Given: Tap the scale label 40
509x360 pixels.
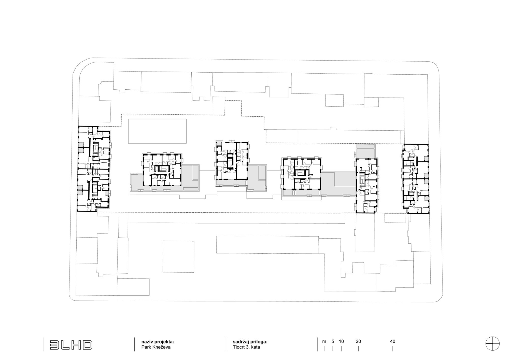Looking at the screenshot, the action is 392,341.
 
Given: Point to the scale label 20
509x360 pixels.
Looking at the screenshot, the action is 358,341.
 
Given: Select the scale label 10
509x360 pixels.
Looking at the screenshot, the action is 341,341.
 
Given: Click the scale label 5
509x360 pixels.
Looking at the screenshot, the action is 333,341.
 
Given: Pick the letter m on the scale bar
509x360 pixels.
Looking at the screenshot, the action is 324,342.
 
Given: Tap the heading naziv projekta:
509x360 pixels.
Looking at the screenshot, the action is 158,342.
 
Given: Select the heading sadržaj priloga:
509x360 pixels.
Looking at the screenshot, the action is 250,342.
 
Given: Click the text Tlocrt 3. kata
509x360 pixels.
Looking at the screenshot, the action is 246,347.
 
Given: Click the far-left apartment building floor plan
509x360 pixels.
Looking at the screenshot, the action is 94,169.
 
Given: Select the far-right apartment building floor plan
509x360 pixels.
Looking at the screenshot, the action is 415,179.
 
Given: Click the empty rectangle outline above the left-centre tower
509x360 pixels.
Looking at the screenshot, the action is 157,131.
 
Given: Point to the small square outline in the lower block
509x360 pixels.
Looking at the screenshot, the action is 178,257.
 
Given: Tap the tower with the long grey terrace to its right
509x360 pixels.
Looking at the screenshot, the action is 301,174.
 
